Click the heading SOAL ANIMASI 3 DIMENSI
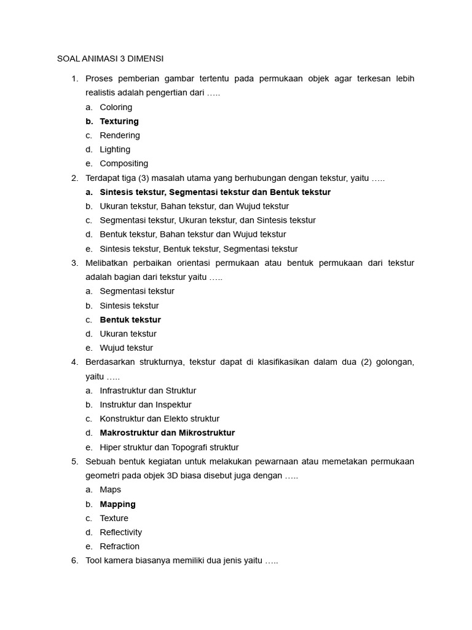110,59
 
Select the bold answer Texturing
119,121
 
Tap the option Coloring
116,107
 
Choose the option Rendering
120,135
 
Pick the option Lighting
115,150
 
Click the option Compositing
124,164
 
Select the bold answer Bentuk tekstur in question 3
130,320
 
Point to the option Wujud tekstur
126,348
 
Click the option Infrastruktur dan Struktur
147,391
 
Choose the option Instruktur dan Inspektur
145,405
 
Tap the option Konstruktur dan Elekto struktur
159,419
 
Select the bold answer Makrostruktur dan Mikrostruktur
167,433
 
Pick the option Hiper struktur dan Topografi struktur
169,447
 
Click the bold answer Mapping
117,504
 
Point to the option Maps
110,490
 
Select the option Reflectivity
120,532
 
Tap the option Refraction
119,546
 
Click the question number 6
74,561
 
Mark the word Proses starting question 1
100,78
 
